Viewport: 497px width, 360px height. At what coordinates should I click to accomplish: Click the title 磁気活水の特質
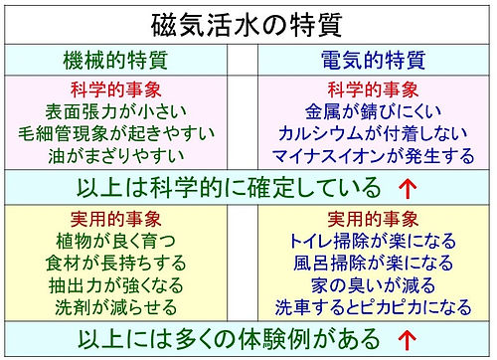click(x=248, y=22)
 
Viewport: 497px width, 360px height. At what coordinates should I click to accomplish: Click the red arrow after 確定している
click(x=406, y=187)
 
